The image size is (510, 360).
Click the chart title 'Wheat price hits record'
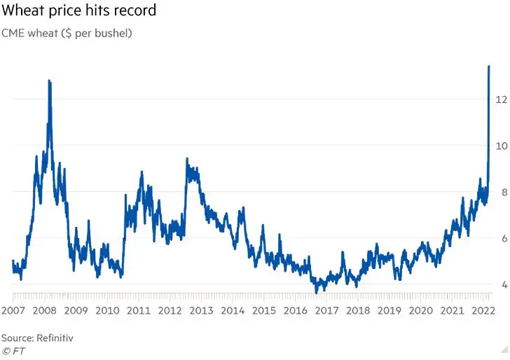[78, 11]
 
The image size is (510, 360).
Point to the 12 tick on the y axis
[501, 99]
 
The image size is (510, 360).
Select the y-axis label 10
[501, 146]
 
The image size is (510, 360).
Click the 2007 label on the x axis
[13, 310]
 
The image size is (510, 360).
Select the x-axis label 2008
[45, 310]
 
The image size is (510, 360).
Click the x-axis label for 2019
[389, 310]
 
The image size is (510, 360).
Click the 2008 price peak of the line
[49, 81]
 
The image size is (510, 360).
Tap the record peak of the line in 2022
[488, 67]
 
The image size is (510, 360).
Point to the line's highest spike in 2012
[186, 160]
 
